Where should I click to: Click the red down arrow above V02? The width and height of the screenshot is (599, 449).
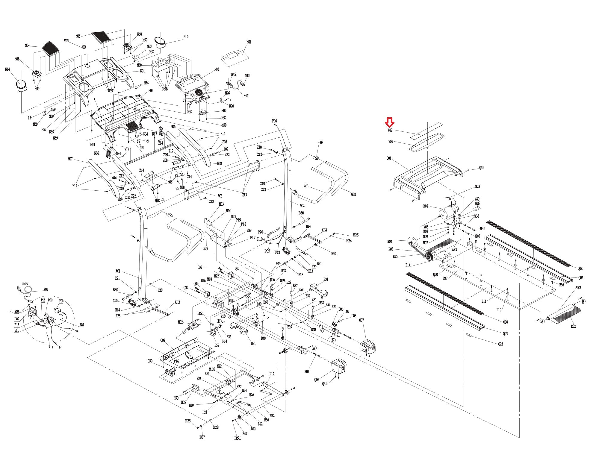(390, 122)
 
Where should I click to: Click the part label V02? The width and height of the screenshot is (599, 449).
(390, 131)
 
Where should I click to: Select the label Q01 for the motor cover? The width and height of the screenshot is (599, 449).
(389, 158)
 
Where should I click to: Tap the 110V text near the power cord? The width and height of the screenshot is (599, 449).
(25, 284)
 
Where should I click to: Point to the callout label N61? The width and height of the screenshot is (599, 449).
(249, 42)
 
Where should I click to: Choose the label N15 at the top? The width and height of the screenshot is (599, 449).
(186, 37)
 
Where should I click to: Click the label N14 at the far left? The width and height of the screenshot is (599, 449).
(7, 69)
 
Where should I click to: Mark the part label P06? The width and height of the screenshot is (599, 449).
(274, 121)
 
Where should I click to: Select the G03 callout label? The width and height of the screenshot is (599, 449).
(321, 143)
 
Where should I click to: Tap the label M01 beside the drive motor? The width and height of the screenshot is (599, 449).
(426, 206)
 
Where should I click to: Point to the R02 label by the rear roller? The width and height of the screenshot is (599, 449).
(573, 326)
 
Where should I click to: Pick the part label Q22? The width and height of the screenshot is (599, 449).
(501, 344)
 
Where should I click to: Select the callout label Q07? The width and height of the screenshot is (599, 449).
(361, 320)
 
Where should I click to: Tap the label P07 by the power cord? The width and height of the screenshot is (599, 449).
(46, 289)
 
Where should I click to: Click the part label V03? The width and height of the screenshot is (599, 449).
(66, 41)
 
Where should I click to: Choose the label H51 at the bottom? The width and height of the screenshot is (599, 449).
(238, 439)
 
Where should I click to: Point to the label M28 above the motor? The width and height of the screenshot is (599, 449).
(477, 186)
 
